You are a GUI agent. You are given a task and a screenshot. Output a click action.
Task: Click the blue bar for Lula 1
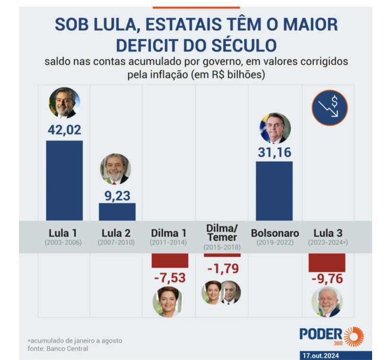tap(64, 180)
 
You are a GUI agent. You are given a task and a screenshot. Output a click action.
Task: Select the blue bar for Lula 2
tap(117, 212)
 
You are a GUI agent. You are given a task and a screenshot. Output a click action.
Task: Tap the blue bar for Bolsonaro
tap(274, 191)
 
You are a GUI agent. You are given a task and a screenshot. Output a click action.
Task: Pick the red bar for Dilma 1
tap(170, 260)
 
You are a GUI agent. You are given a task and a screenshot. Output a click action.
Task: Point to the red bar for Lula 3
tap(327, 262)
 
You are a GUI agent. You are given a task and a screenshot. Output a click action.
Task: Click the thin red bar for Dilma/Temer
tap(222, 255)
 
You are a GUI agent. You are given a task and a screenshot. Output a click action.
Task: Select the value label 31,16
tap(274, 153)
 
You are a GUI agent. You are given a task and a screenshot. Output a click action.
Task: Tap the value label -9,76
tap(327, 279)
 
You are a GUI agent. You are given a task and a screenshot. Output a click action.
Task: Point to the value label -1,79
tap(223, 268)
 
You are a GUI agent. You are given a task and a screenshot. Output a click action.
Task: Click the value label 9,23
tap(117, 195)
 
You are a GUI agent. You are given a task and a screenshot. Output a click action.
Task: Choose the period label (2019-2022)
tap(274, 243)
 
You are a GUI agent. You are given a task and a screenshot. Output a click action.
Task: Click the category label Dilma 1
tap(169, 233)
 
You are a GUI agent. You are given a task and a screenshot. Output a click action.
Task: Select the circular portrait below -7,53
tap(168, 301)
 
